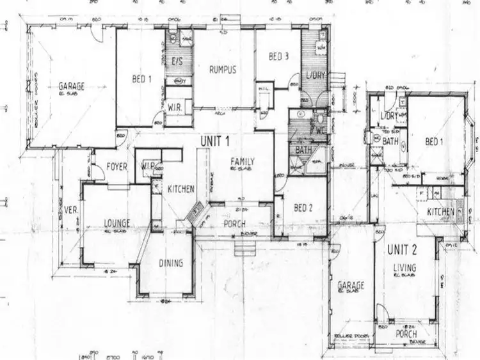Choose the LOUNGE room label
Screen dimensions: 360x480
117,223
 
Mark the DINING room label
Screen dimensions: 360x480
170,263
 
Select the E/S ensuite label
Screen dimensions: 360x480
179,61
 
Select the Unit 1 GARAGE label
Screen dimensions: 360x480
72,86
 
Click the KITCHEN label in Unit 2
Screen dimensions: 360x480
442,211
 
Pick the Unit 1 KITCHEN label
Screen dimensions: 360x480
181,189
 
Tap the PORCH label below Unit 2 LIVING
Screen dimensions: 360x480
406,334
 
